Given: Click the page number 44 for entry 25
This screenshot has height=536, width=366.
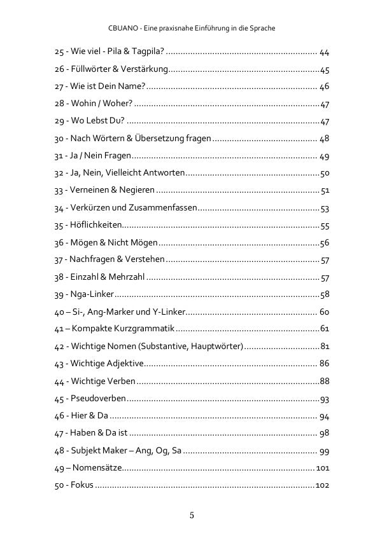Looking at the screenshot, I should pos(324,52).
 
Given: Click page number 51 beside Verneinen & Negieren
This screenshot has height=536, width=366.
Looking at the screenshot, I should pos(325,190).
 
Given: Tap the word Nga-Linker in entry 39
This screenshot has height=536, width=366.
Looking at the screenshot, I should pos(93,294).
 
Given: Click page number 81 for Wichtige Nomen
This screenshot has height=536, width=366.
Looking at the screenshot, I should pos(325,346).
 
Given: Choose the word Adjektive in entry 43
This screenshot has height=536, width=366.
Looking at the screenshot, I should pos(127,364).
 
